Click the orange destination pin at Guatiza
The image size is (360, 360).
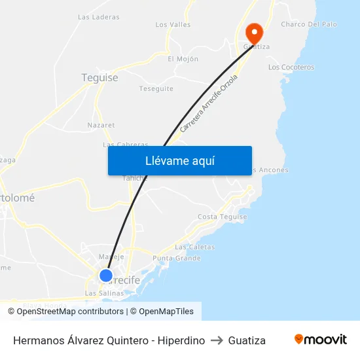point(253,32)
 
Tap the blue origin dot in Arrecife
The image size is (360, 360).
point(105,276)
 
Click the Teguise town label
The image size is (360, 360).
point(99,78)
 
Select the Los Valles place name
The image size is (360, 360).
point(173,25)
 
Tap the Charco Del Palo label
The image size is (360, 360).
point(308,24)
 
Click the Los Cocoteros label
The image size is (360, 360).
point(291,67)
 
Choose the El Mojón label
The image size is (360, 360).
point(183,59)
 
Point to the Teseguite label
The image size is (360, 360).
point(156,88)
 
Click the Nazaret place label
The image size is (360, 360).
point(101,125)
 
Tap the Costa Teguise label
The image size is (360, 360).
point(222,217)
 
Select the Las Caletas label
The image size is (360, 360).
point(194,247)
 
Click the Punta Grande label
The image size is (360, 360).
point(176,259)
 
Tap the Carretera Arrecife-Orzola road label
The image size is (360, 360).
point(209,103)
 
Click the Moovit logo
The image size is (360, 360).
point(321,340)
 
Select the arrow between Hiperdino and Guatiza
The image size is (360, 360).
point(217,340)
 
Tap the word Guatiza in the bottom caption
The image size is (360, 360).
point(247,340)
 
